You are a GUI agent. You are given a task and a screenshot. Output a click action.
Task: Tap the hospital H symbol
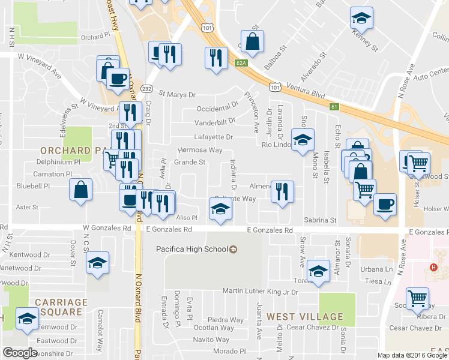[x=432, y=268]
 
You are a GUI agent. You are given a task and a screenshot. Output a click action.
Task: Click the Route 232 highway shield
[x=146, y=88]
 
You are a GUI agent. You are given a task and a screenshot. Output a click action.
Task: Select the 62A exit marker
[x=241, y=62]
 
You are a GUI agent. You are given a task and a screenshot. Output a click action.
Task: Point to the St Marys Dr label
[x=177, y=94]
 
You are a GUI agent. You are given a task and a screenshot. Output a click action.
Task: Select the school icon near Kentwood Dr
[x=97, y=262]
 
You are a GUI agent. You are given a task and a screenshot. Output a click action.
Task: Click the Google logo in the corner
[x=20, y=353]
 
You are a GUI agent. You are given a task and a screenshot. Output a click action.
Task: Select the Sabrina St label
[x=319, y=221]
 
